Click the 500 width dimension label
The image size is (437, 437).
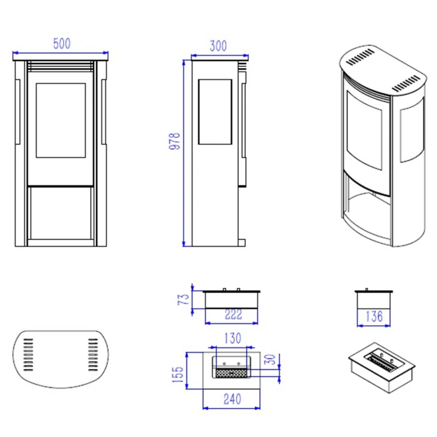[x=62, y=44]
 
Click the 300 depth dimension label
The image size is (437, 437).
[x=218, y=46]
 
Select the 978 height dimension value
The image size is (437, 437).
[x=175, y=142]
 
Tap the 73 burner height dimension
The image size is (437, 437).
[x=184, y=299]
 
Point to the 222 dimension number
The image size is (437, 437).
[x=233, y=315]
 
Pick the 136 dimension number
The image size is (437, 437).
[x=374, y=316]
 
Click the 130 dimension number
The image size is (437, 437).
[x=232, y=338]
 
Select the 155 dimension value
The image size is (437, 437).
[x=178, y=374]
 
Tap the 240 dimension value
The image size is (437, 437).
[x=232, y=399]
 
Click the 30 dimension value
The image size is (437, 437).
[x=270, y=360]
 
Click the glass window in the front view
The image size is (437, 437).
[x=61, y=120]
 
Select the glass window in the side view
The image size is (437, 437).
[x=215, y=112]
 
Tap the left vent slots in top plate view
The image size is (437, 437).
[x=28, y=354]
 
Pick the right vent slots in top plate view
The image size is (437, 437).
[x=93, y=354]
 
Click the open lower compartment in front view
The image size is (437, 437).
[x=61, y=213]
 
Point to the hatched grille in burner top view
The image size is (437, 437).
[x=231, y=373]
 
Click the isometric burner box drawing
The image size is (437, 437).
[x=382, y=368]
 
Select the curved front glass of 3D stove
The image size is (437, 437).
[x=364, y=130]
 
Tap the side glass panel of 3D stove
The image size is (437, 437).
[x=412, y=130]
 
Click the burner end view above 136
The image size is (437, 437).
[x=373, y=299]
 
